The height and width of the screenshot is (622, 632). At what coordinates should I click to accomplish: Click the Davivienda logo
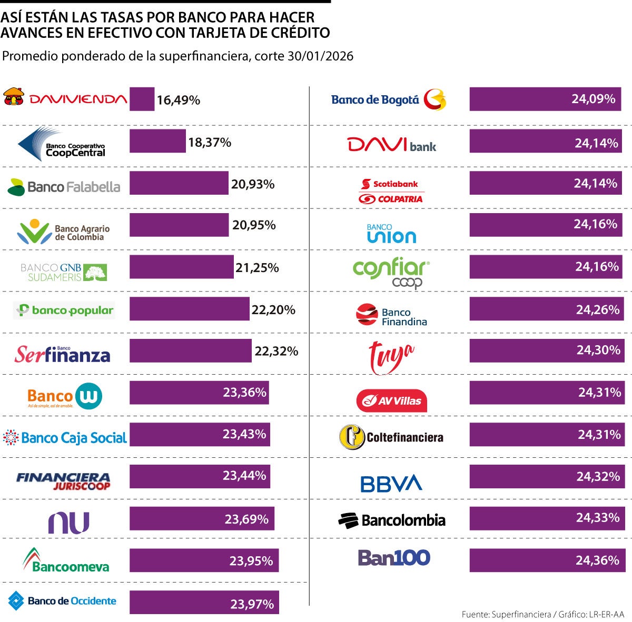[65, 98]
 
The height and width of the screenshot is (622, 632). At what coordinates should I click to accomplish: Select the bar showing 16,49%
[142, 99]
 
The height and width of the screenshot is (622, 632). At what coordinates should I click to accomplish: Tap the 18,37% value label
[210, 142]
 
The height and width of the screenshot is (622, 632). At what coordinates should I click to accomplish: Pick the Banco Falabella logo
[64, 187]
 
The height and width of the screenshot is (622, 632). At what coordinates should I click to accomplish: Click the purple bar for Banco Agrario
[179, 225]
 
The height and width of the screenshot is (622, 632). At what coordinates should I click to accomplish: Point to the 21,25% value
[257, 267]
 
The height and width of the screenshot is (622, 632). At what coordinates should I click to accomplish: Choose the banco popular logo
[64, 310]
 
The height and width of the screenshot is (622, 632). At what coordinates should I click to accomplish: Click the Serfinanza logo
[62, 355]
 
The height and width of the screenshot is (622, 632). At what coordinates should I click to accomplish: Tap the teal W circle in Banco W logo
[88, 396]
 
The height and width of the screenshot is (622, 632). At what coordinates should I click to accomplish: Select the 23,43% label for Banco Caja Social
[244, 434]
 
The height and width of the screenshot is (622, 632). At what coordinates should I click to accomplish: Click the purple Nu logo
[69, 523]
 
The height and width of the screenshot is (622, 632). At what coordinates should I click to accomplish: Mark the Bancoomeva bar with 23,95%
[204, 560]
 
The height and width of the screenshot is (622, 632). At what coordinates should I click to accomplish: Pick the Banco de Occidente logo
[62, 601]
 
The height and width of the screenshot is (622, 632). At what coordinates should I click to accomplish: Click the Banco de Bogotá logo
[389, 99]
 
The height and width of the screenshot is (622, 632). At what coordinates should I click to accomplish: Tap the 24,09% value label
[594, 99]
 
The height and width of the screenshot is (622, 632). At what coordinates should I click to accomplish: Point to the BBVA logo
[391, 484]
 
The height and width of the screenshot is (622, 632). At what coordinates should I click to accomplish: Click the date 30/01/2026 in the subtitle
[320, 56]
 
